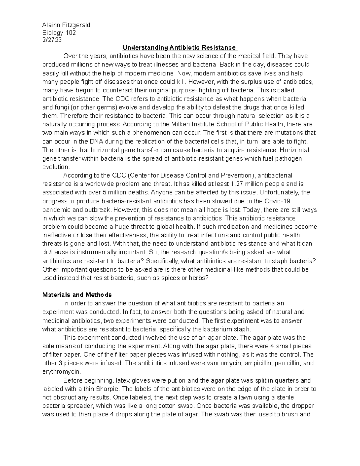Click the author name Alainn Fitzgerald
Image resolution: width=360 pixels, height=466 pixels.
tap(66, 25)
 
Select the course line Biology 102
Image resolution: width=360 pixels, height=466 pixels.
tap(59, 32)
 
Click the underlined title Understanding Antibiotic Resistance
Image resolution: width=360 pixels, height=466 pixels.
tap(179, 47)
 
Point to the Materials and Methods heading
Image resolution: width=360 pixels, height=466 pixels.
tap(77, 295)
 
